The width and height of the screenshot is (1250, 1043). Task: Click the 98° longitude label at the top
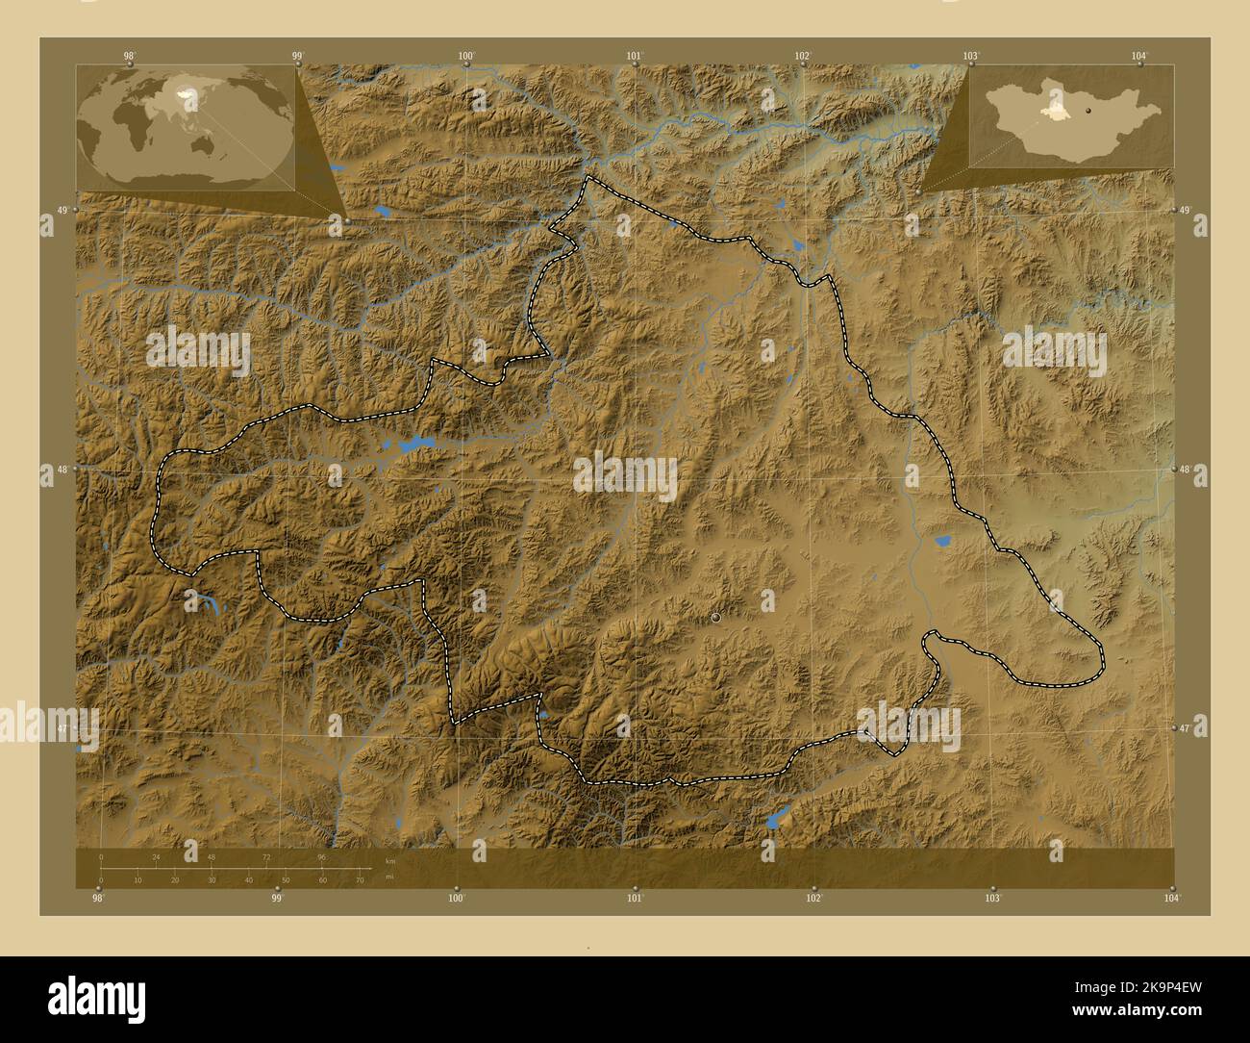129,56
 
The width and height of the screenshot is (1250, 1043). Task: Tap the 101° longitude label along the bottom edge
635,899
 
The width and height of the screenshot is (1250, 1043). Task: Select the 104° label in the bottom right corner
1170,899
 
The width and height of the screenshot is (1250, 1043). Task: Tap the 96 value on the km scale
322,856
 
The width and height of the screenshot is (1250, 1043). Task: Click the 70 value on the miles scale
359,880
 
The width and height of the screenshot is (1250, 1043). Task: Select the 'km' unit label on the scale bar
389,860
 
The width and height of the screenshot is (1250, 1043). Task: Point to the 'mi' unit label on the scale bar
388,877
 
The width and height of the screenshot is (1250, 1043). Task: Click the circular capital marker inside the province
716,618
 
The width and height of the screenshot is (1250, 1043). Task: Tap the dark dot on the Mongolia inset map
1088,111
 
